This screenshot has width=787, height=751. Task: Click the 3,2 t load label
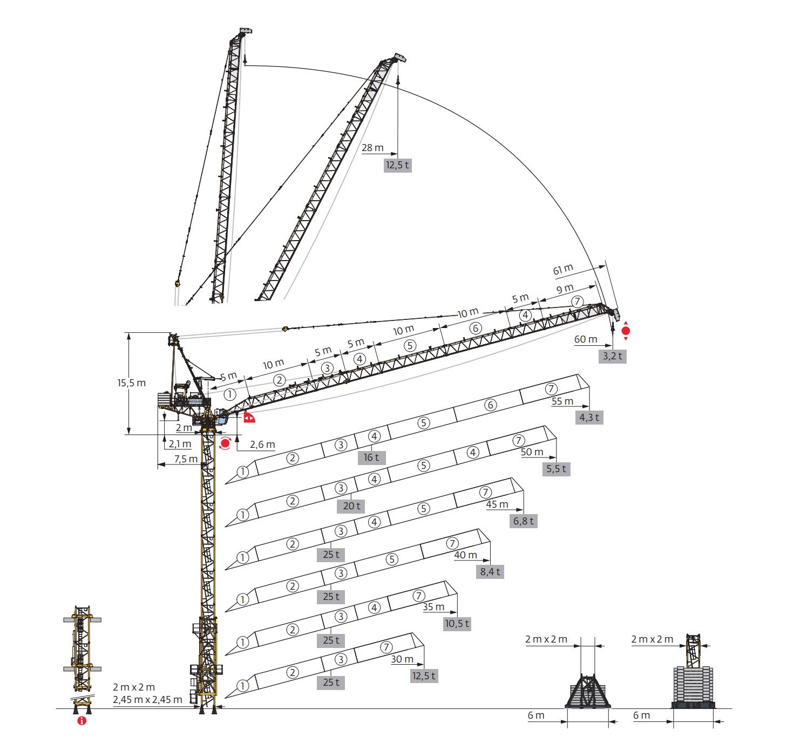(x=612, y=356)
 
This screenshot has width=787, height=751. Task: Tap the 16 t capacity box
(x=371, y=458)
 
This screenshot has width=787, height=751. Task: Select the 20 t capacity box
(x=351, y=506)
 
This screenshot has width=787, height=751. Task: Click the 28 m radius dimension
(x=372, y=148)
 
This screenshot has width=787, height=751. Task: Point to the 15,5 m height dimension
(x=132, y=383)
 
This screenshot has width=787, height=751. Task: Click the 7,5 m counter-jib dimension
(x=186, y=459)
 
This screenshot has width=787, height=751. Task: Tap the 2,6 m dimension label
(x=262, y=445)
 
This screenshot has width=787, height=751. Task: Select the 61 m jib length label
(x=563, y=270)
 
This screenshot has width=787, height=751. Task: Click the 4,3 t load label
(x=589, y=418)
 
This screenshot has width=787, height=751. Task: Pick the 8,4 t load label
(x=490, y=572)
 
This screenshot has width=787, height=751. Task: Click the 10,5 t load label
(x=457, y=624)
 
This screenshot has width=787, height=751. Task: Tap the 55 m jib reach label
(x=562, y=401)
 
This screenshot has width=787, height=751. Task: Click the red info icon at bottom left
(x=82, y=721)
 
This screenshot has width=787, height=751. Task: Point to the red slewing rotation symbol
(x=225, y=443)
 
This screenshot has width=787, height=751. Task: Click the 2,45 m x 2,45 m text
(x=147, y=700)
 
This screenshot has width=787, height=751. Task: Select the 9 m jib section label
(x=565, y=289)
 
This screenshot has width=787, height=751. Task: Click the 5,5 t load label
(x=556, y=469)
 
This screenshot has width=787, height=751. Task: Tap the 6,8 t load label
(x=524, y=521)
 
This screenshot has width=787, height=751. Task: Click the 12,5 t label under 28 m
(x=397, y=165)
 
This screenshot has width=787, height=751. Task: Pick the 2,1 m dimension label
(x=180, y=444)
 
